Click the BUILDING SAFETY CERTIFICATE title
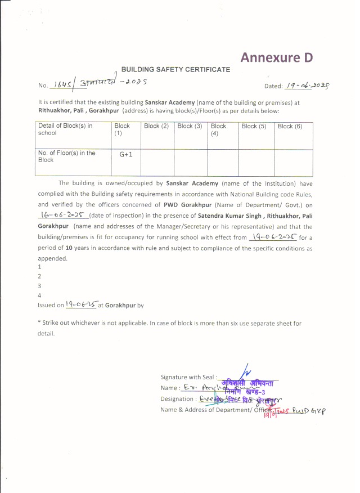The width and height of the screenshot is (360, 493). point(175,69)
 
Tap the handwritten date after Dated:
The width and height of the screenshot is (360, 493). point(307,86)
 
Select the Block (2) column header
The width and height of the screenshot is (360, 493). point(156,126)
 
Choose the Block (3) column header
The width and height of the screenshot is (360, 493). point(190,126)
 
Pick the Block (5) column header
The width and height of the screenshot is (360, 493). point(254,126)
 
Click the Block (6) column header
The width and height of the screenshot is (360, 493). point(290,126)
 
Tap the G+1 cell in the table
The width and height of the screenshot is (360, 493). point(125,154)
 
